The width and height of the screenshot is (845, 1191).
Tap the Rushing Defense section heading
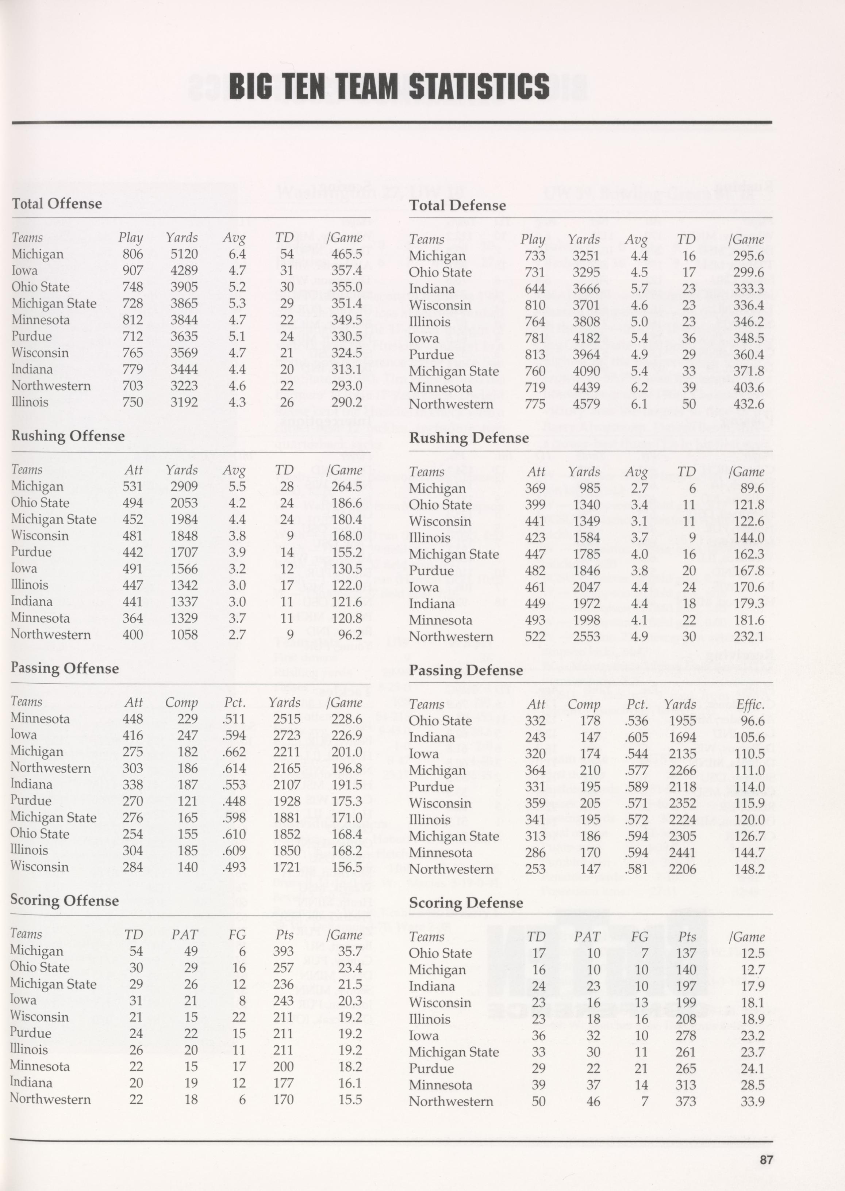[468, 438]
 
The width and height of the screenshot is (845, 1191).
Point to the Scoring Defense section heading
[466, 902]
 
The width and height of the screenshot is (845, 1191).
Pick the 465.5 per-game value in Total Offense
[346, 254]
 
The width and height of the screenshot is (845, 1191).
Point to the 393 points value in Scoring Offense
[284, 951]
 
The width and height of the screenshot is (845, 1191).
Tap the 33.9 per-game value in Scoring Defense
[752, 1102]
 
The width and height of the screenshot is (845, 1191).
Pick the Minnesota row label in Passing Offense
[40, 718]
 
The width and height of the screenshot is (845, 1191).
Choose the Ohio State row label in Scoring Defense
[440, 953]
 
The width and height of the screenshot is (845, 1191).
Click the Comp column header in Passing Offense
[181, 703]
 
